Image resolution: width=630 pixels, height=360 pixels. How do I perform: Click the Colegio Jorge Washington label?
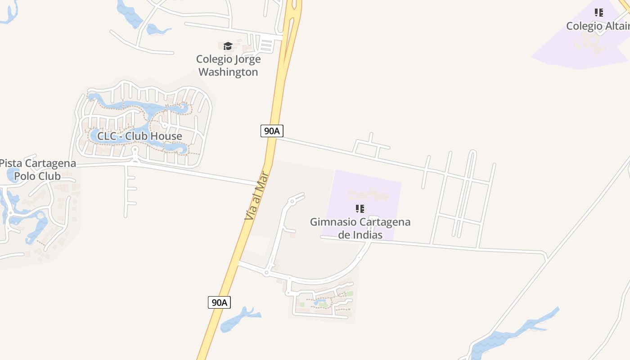[x=228, y=65]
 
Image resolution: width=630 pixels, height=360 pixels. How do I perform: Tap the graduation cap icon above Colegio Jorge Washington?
[x=228, y=46]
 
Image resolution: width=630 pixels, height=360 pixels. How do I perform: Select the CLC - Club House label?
[x=139, y=136]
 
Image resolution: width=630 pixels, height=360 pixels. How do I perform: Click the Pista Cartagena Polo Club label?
[x=37, y=170]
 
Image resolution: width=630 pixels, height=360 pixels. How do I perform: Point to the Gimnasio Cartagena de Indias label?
[x=360, y=228]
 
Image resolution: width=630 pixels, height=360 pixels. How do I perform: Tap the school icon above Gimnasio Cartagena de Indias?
[x=360, y=208]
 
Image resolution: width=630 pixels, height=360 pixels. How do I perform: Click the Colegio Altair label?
[x=598, y=26]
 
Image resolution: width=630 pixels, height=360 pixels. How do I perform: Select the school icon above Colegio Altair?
[x=598, y=13]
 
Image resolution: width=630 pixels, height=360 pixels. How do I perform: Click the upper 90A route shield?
[x=272, y=131]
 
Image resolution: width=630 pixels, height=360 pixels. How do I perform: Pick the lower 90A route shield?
[x=219, y=302]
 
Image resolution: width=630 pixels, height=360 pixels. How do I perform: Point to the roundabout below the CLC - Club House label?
[x=135, y=150]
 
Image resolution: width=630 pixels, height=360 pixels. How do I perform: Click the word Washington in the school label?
[x=228, y=72]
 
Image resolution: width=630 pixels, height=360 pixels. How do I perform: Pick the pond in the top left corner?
[x=9, y=11]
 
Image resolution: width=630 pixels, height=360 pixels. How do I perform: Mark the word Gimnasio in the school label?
[x=332, y=222]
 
